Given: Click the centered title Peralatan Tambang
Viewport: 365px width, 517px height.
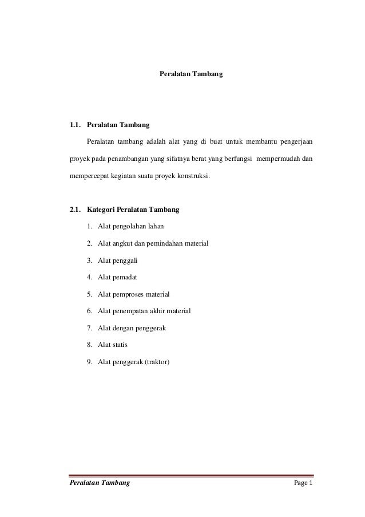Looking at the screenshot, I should point(191,74).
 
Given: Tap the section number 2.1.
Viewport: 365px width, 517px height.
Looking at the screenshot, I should point(75,210).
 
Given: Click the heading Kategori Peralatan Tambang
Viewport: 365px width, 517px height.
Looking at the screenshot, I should point(133,210).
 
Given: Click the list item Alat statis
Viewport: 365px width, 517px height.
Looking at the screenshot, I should point(113,345).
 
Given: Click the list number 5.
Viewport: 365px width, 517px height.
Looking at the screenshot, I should point(90,294).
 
